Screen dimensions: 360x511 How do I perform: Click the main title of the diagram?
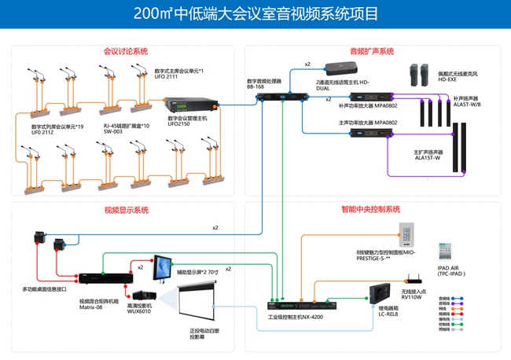[x=256, y=13]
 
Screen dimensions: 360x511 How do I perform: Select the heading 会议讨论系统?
[x=126, y=52]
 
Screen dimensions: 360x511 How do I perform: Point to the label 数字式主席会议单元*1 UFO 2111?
[x=178, y=74]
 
